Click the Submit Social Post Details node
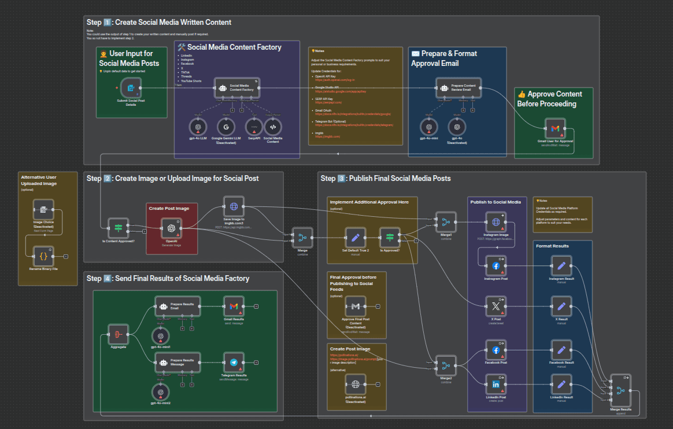point(131,88)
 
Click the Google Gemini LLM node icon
point(225,127)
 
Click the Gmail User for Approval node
point(554,128)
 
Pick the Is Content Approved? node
point(118,228)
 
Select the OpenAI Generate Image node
point(171,228)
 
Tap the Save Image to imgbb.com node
point(234,206)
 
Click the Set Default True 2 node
point(355,237)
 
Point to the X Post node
point(495,306)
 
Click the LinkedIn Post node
point(495,384)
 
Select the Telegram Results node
point(234,363)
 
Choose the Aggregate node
point(118,334)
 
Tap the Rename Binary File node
point(43,256)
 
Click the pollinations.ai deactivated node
point(355,384)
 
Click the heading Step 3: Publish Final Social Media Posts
point(386,178)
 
